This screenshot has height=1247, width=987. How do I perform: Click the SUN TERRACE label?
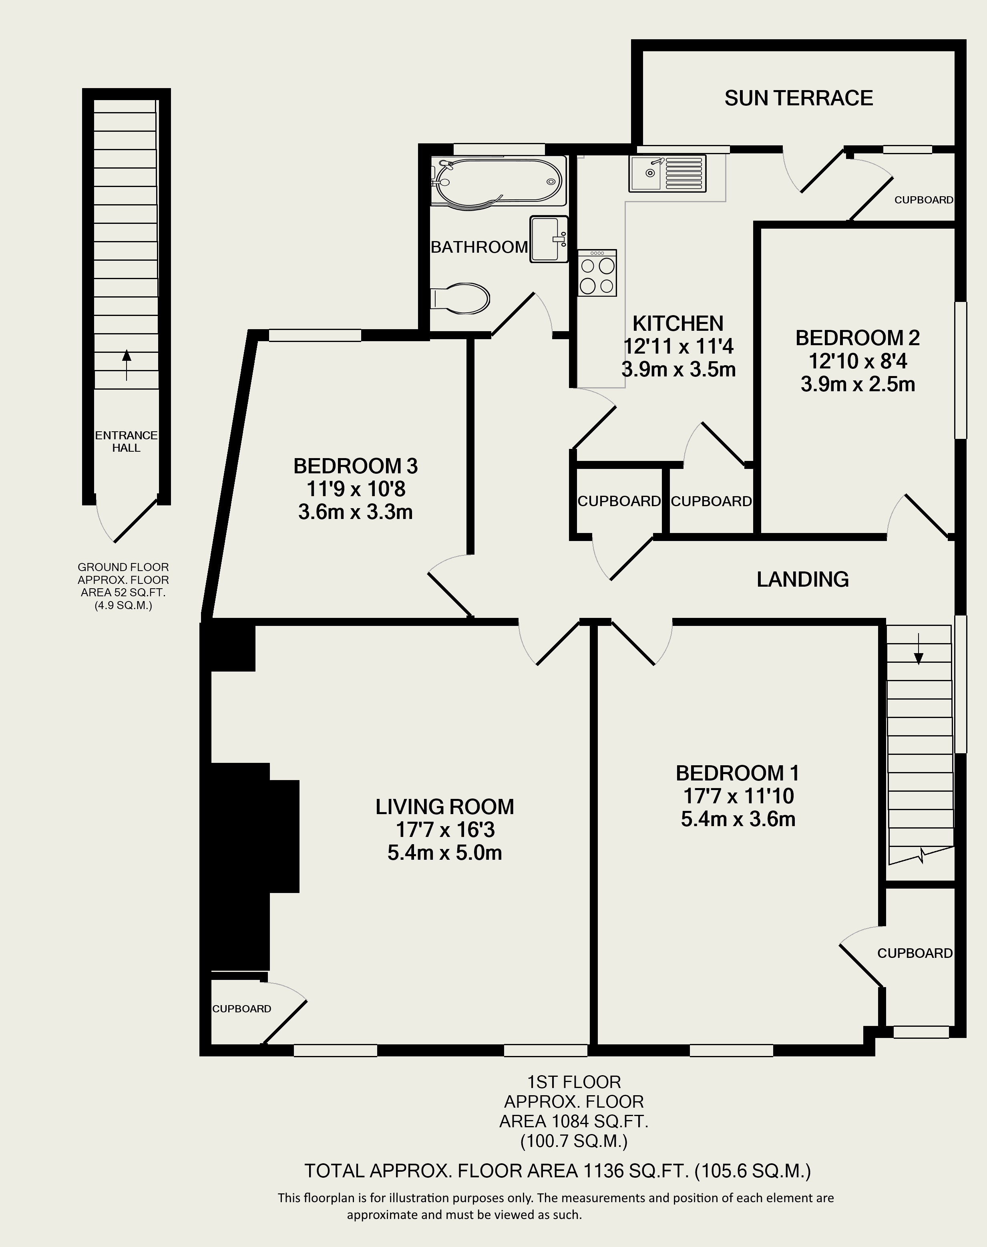coord(799,98)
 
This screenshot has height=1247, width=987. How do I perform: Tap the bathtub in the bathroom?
coord(498,181)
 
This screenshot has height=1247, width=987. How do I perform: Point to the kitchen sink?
coord(667,173)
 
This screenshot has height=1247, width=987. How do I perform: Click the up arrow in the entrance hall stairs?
coord(127,365)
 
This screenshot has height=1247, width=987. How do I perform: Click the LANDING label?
coord(803,579)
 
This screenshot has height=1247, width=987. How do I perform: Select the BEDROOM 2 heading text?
coord(858,338)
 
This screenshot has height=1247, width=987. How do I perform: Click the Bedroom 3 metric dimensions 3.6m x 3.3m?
coord(356,512)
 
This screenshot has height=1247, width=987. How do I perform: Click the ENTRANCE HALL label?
coord(126,441)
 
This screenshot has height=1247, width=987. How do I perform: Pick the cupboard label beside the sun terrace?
coord(923,200)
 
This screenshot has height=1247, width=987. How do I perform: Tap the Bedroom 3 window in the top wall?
coord(315,335)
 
